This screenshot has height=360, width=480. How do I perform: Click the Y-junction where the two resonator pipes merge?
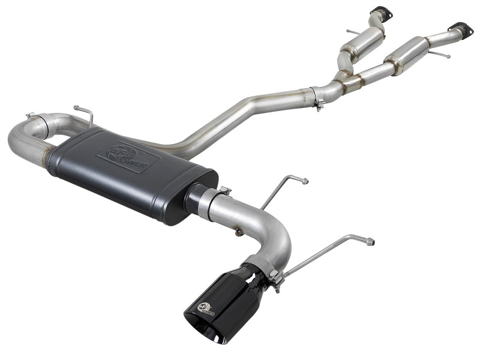point(345,78)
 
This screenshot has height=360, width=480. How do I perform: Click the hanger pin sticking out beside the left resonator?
point(349,31)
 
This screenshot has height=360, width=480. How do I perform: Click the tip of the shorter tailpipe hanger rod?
point(305,180)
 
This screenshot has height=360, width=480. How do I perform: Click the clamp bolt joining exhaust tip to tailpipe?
point(275,277)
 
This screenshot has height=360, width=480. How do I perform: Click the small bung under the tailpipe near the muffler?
point(239,232)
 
